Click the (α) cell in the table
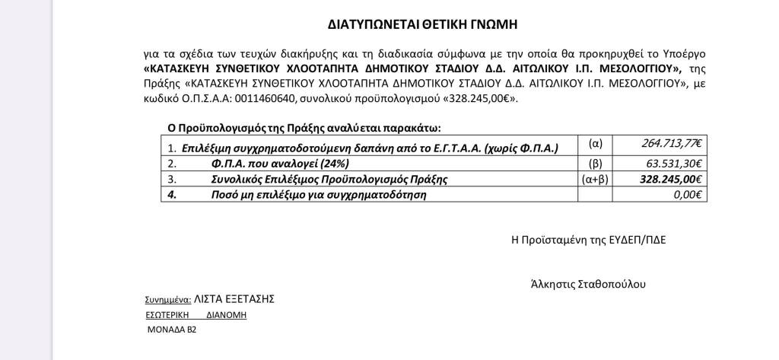click(x=596, y=144)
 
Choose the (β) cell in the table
click(x=596, y=163)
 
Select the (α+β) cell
click(x=596, y=180)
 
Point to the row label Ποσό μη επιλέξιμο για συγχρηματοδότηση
click(x=318, y=195)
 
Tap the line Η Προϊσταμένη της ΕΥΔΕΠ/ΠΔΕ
click(x=588, y=239)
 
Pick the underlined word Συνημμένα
click(x=167, y=300)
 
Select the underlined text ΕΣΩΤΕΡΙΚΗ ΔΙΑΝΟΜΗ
click(x=196, y=315)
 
